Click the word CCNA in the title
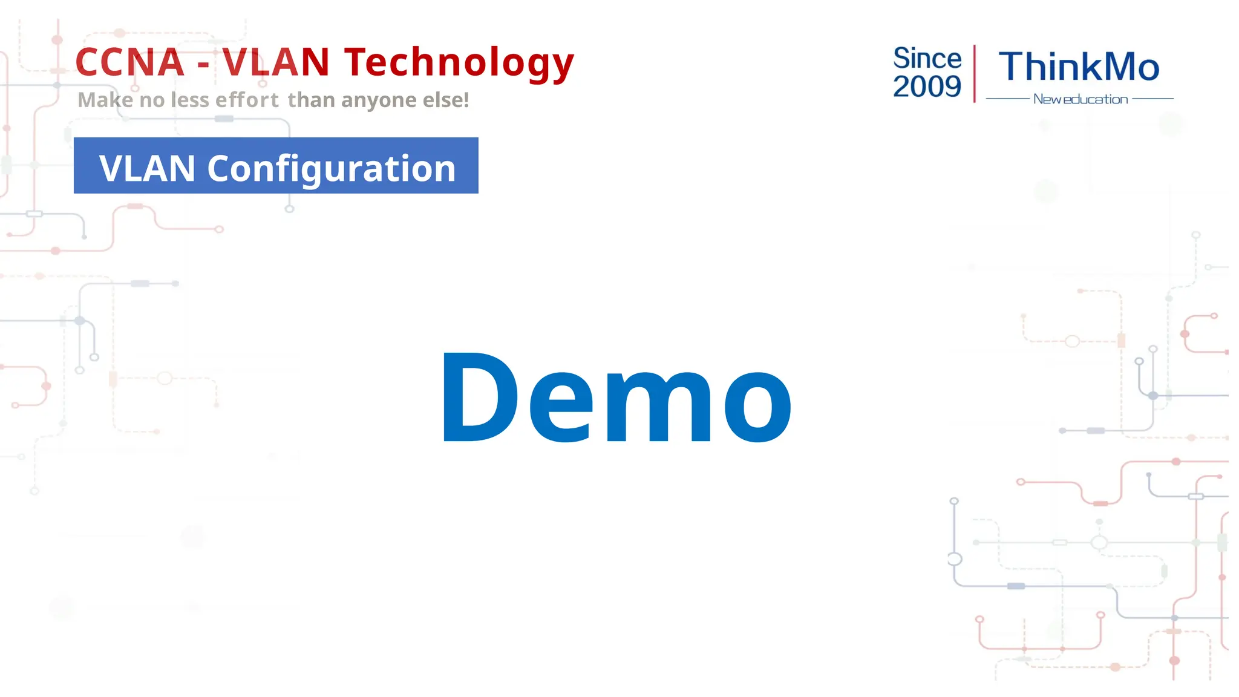tap(129, 62)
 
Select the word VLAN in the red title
tap(275, 62)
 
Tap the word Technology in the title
tap(459, 64)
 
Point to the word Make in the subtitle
tap(105, 100)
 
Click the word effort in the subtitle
tap(247, 100)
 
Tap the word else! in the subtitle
tap(446, 100)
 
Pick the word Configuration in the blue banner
tap(331, 169)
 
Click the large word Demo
tap(616, 398)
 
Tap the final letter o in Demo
tap(757, 407)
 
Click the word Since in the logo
tap(927, 59)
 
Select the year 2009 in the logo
tap(927, 87)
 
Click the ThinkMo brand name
tap(1079, 67)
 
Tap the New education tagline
tap(1080, 99)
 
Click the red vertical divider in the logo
tap(974, 73)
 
